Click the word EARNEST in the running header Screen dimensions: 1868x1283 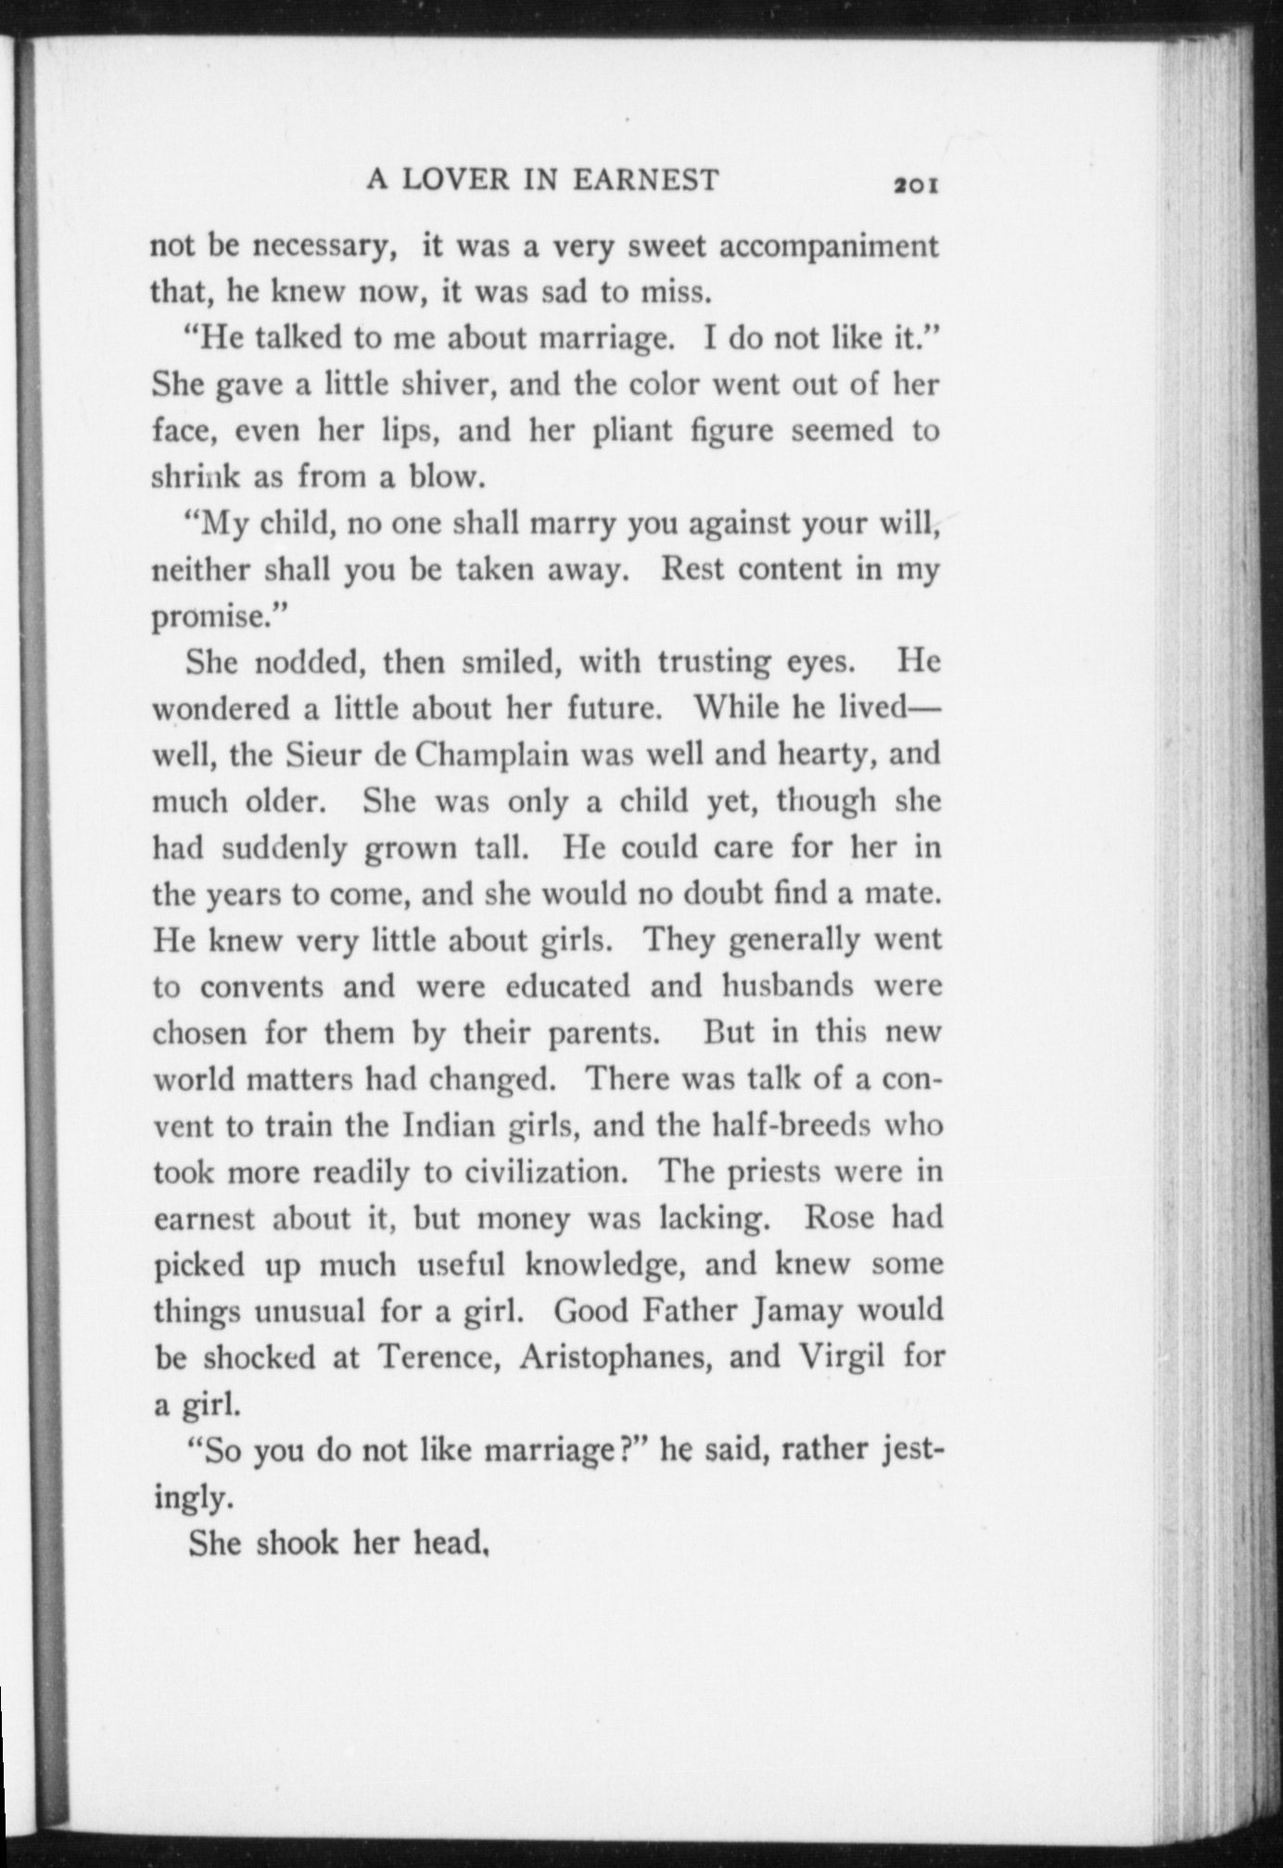(645, 179)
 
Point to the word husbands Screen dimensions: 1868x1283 (787, 985)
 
